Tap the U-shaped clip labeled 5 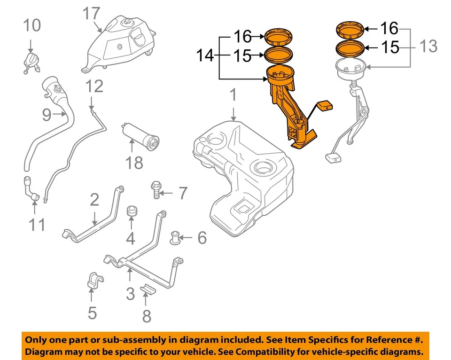(x=95, y=280)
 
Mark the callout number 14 (x=204, y=56)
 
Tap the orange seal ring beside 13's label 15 (x=350, y=48)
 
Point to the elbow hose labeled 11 (x=31, y=191)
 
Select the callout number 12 (x=94, y=86)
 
